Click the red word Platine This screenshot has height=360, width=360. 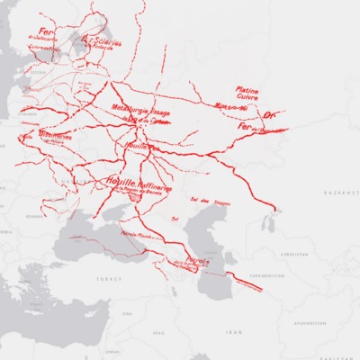tap(247, 90)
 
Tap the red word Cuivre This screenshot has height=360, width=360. tap(248, 98)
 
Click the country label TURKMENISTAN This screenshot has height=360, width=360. tap(264, 274)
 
